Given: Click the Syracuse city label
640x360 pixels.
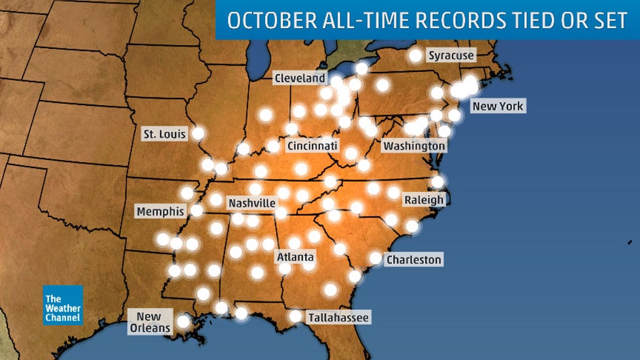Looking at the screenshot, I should tap(451, 56).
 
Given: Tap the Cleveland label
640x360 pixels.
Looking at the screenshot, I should tap(300, 78).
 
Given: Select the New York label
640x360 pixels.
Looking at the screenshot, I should tap(498, 106).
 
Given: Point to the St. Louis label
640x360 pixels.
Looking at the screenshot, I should tap(164, 134).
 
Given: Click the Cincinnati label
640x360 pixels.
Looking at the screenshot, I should tap(312, 145).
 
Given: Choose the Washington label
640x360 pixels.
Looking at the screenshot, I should tap(413, 146).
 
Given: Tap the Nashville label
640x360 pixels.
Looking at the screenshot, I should tap(252, 203).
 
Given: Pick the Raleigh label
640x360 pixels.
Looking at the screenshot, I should tap(423, 199).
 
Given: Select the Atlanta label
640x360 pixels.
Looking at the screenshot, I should tap(295, 257).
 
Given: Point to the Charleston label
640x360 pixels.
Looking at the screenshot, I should tap(413, 259).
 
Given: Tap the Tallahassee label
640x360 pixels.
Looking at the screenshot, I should tap(338, 318).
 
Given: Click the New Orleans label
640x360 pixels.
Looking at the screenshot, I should tap(150, 322).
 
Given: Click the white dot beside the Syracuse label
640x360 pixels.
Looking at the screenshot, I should tap(415, 56).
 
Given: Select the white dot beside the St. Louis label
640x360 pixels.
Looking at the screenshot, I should tap(197, 133).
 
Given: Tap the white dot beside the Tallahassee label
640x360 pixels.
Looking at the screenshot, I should tap(296, 316).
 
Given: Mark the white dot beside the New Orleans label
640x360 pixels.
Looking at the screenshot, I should tap(184, 321).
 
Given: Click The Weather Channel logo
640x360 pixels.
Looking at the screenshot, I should tap(63, 305).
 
